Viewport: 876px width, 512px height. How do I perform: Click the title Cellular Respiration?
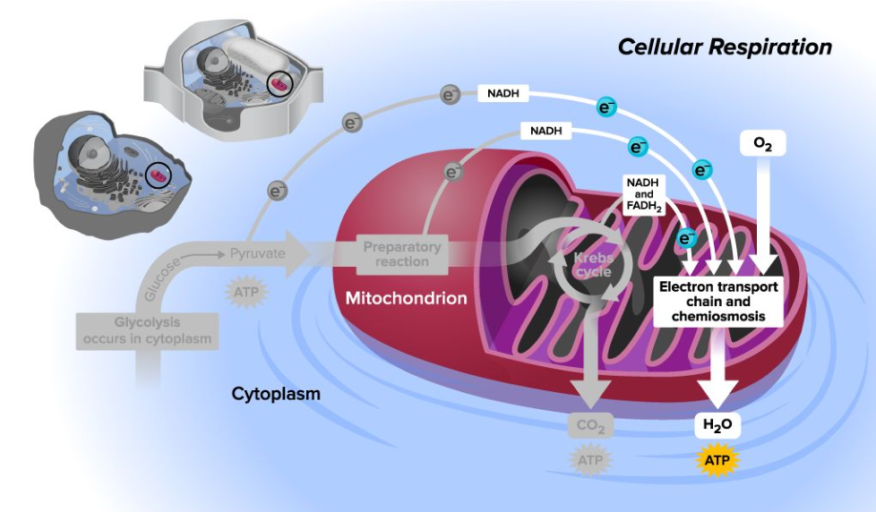coord(725,47)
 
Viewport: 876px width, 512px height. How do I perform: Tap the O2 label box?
coord(763,142)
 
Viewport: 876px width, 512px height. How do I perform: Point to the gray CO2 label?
coord(590,427)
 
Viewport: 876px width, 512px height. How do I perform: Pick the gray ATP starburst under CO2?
coord(590,461)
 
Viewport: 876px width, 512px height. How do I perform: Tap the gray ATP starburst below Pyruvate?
coord(239,292)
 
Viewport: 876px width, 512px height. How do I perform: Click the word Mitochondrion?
coord(407,298)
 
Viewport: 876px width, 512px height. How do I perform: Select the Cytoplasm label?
coord(276,393)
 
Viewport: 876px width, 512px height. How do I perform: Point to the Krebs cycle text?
coord(587,265)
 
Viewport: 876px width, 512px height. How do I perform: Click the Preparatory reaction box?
coord(402,254)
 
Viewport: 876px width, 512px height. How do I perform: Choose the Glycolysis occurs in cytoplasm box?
coord(148,330)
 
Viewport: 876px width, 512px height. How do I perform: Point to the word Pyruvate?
coord(257,253)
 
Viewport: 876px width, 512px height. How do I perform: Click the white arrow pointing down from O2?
coord(763,215)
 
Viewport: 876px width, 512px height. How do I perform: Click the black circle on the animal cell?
coord(159,175)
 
